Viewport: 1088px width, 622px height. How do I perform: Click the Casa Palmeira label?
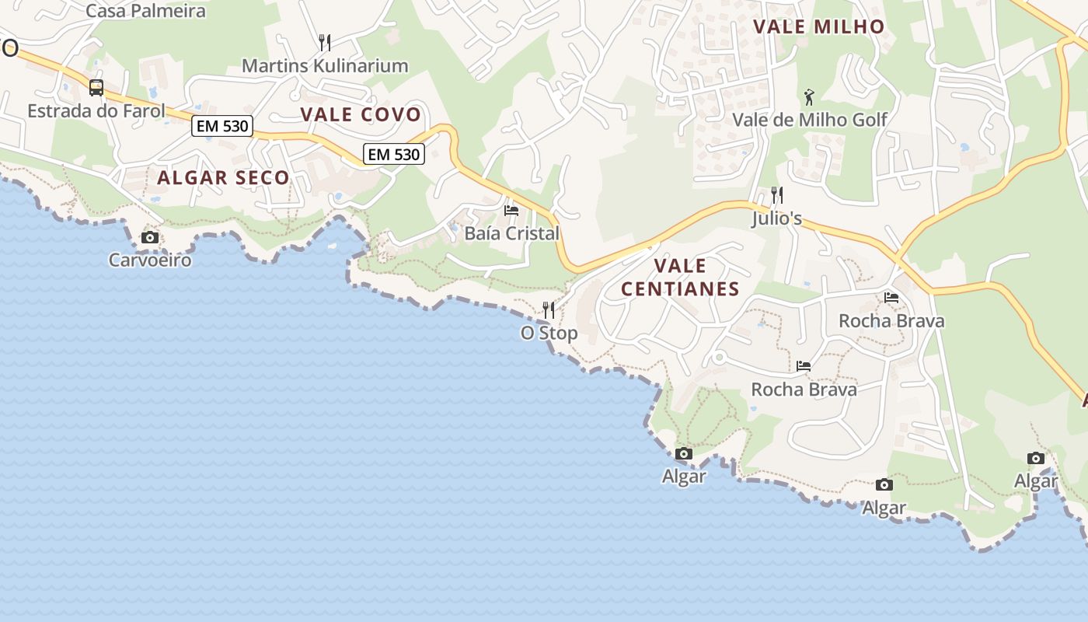(145, 11)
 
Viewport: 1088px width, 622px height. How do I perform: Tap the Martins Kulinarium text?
(325, 65)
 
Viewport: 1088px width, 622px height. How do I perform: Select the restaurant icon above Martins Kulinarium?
(325, 42)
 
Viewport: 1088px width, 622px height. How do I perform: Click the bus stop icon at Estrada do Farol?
(96, 88)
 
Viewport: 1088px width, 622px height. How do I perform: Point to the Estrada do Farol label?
(96, 110)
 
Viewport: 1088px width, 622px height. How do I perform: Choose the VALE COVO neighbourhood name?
(361, 114)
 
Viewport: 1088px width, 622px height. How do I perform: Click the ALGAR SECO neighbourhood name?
(223, 177)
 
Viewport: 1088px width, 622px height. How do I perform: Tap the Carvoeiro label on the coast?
(150, 260)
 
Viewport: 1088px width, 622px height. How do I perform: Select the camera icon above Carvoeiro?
(150, 238)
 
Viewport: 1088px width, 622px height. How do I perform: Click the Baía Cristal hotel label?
(511, 233)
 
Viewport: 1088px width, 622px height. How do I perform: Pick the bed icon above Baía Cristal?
(511, 211)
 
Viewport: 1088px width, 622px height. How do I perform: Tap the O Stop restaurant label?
(549, 333)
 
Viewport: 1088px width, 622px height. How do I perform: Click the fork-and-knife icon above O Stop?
(549, 310)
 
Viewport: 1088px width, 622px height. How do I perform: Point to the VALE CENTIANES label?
(680, 278)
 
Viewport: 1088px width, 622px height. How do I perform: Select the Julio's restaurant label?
(776, 218)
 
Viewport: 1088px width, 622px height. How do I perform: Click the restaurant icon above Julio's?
(776, 194)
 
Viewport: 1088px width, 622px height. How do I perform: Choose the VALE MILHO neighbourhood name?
(819, 26)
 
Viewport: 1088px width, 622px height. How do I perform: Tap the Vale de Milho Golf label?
(810, 120)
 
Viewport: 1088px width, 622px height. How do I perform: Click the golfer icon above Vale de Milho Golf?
(810, 97)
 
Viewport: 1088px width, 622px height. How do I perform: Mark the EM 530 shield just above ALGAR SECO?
(222, 126)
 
